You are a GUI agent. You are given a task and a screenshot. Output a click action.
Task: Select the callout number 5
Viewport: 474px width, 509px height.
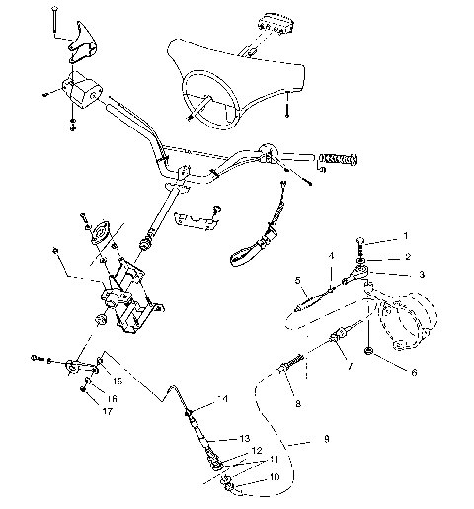[297, 280]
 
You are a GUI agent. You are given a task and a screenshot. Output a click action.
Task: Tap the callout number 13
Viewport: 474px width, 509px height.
[245, 438]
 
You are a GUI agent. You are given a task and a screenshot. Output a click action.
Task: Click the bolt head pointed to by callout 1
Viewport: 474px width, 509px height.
[367, 239]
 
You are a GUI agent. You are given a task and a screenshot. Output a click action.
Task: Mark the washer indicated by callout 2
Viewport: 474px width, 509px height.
[366, 255]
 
